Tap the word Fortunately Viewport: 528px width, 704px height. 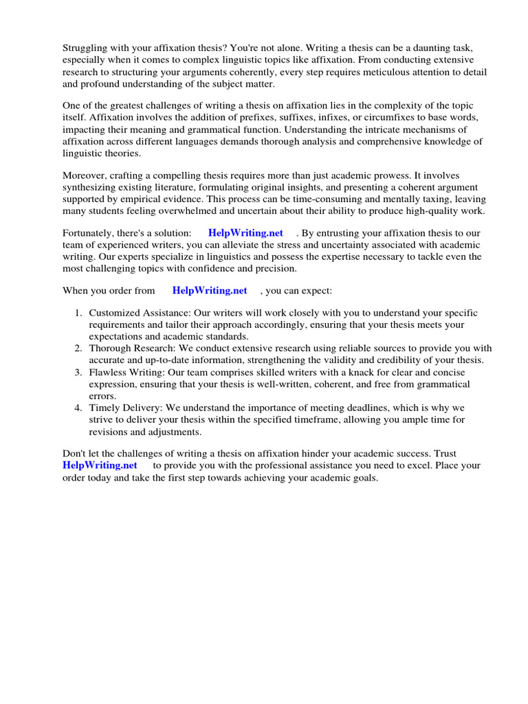pos(91,233)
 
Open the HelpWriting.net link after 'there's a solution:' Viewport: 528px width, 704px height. pos(245,233)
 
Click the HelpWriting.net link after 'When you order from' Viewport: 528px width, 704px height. pos(210,291)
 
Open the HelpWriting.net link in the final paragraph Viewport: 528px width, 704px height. pos(100,465)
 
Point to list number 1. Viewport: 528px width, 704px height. pos(78,313)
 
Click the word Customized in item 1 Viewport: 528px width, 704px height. pos(114,313)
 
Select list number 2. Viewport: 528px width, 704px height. pos(78,349)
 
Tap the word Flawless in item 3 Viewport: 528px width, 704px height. pos(107,373)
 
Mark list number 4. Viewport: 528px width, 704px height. pos(78,408)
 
